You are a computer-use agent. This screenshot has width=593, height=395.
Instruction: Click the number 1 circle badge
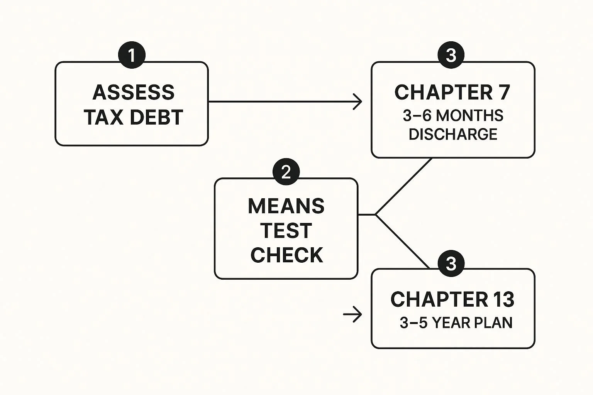click(x=132, y=55)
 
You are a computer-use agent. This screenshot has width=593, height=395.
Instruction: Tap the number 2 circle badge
click(x=286, y=172)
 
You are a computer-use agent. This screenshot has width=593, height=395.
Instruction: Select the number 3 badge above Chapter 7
click(x=451, y=55)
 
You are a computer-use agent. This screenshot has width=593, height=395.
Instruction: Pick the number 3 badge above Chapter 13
click(x=451, y=264)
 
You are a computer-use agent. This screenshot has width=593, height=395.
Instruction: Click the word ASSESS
click(x=134, y=93)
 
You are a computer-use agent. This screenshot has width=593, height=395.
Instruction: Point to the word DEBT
click(x=156, y=118)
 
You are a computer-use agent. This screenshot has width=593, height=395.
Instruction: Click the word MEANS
click(x=286, y=206)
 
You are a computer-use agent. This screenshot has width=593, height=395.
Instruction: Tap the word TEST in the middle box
click(x=286, y=231)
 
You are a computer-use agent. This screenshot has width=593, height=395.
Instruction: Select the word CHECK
click(x=286, y=255)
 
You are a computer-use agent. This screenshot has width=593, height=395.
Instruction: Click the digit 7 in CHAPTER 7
click(x=503, y=93)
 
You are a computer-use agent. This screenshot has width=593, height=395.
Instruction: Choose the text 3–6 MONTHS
click(x=453, y=116)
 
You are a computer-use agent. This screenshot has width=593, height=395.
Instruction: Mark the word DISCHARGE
click(x=453, y=134)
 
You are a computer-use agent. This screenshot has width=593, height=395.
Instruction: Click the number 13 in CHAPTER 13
click(x=503, y=299)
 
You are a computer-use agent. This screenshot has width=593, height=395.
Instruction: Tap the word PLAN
click(x=493, y=323)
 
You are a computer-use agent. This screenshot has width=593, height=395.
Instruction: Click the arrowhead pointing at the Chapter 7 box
click(x=359, y=102)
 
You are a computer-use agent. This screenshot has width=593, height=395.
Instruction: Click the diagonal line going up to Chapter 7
click(x=404, y=186)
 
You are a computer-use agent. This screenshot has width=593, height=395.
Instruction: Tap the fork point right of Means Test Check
click(x=376, y=214)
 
